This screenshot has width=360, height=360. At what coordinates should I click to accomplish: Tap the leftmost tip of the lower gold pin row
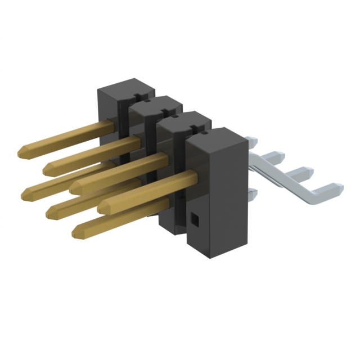click(25, 193)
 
